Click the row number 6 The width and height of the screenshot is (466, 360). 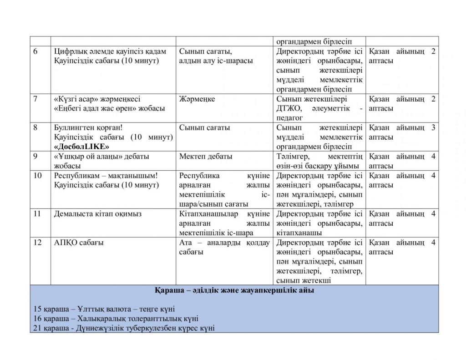point(35,51)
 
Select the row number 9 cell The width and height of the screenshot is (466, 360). point(35,157)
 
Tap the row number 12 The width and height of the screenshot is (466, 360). point(37,243)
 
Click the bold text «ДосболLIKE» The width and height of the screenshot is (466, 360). point(82,147)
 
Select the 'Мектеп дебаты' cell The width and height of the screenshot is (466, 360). point(206,157)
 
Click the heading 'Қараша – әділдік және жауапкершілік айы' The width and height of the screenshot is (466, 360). point(234,290)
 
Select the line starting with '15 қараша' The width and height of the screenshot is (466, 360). point(104,309)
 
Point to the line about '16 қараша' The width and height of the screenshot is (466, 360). point(116,319)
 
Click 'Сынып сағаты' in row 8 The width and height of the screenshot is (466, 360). point(204,128)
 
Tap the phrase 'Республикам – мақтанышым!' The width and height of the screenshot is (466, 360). point(106,176)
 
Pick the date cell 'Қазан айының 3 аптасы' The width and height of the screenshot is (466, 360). point(401,132)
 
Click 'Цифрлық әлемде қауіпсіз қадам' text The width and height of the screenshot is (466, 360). point(110,51)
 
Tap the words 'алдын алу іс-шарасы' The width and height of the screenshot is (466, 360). point(216,61)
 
